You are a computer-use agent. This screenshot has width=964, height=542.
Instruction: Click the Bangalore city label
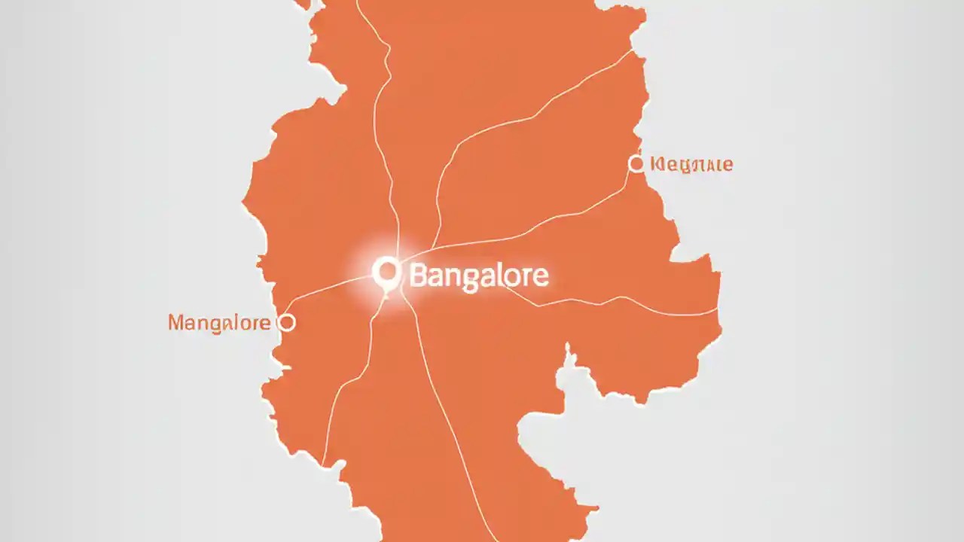point(478,276)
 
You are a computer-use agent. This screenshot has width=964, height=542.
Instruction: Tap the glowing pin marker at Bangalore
point(386,271)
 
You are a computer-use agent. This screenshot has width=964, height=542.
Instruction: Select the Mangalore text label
point(219,323)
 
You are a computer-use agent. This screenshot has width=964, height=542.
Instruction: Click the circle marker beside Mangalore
point(286,323)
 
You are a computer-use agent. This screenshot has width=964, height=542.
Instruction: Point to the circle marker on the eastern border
point(636,163)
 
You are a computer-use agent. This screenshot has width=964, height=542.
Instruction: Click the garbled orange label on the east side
point(691,164)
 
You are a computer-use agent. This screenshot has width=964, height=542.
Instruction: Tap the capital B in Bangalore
point(419,276)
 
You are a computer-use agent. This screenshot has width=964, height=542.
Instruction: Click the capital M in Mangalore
point(177,323)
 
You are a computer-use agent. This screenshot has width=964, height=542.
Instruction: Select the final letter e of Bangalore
point(541,277)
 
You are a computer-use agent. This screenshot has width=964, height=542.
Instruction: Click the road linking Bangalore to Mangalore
point(331,290)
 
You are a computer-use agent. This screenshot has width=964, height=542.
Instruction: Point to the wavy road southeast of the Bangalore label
point(602,301)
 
